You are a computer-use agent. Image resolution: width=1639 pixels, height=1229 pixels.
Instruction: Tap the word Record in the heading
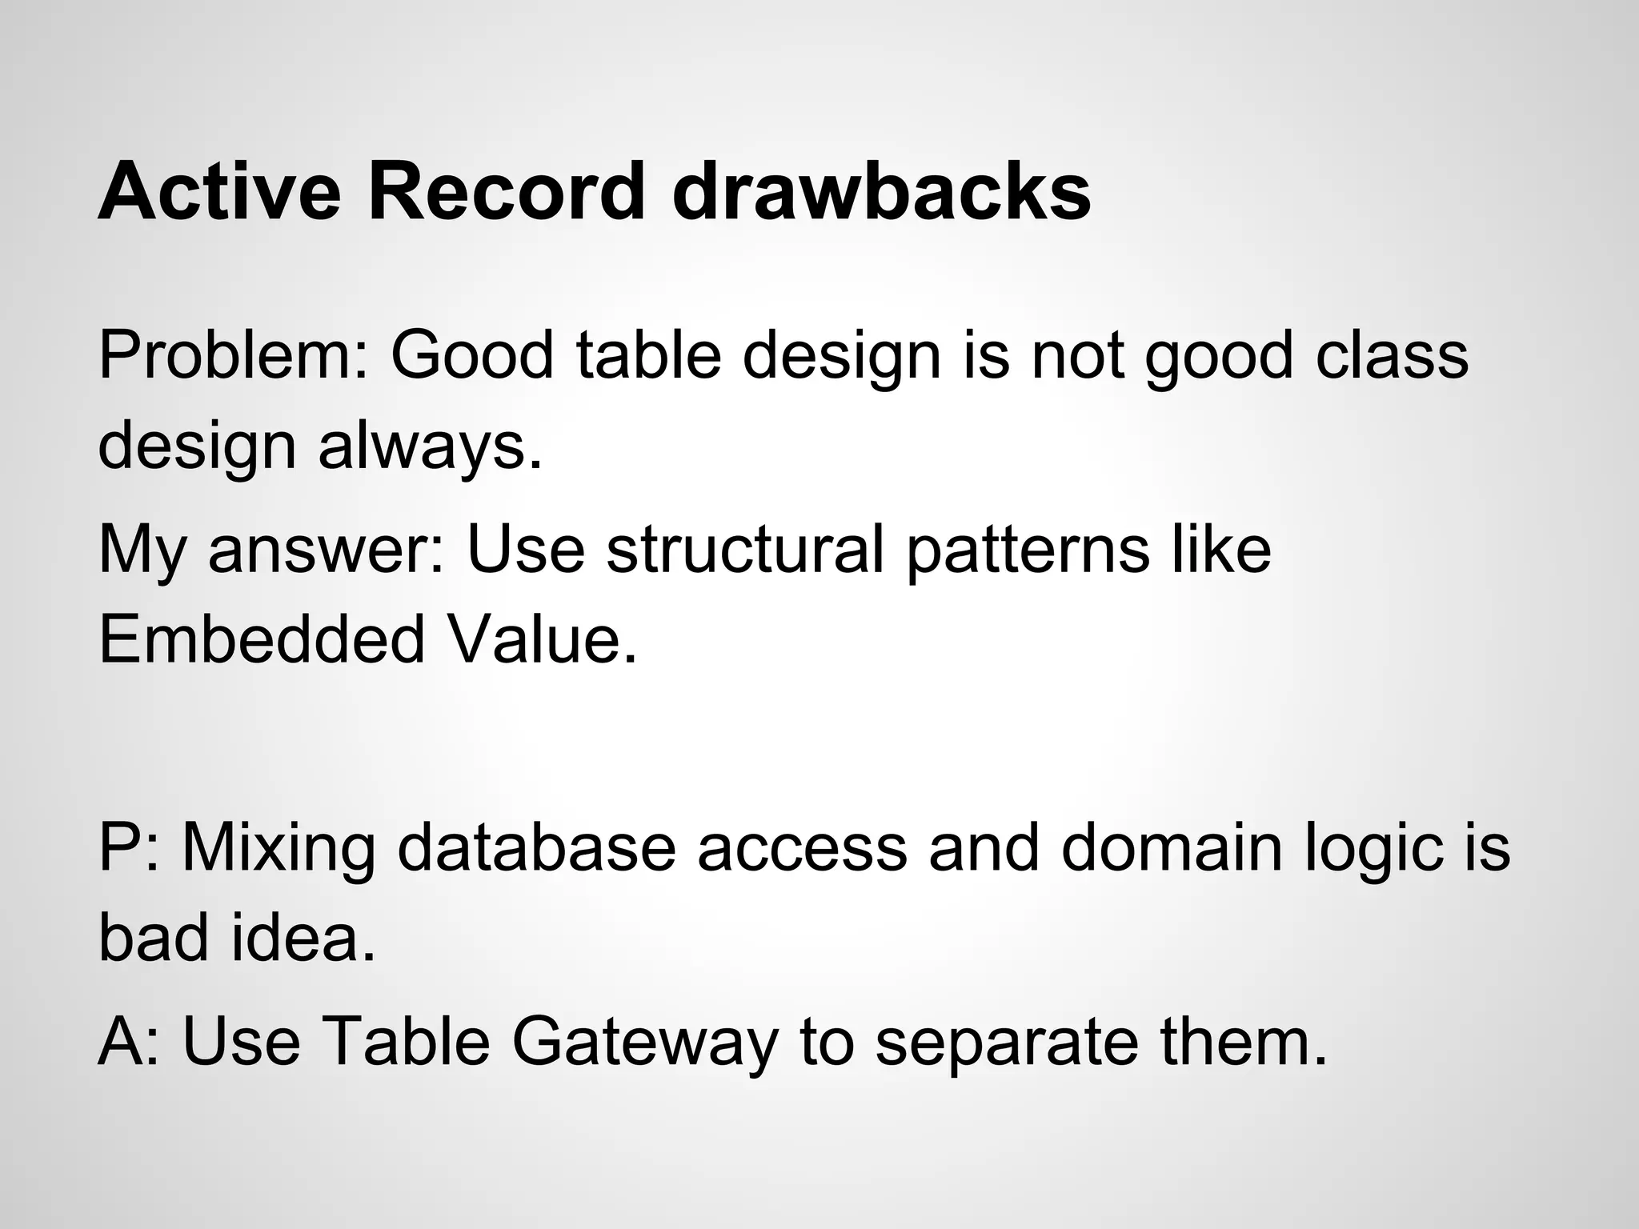(506, 192)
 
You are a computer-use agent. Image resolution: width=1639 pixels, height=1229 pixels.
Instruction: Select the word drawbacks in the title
(881, 192)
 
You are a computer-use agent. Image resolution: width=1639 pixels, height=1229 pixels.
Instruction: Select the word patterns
(1027, 552)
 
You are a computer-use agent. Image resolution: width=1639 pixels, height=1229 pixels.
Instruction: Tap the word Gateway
(644, 1045)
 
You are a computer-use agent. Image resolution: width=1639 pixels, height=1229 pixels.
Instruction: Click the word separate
(1006, 1045)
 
